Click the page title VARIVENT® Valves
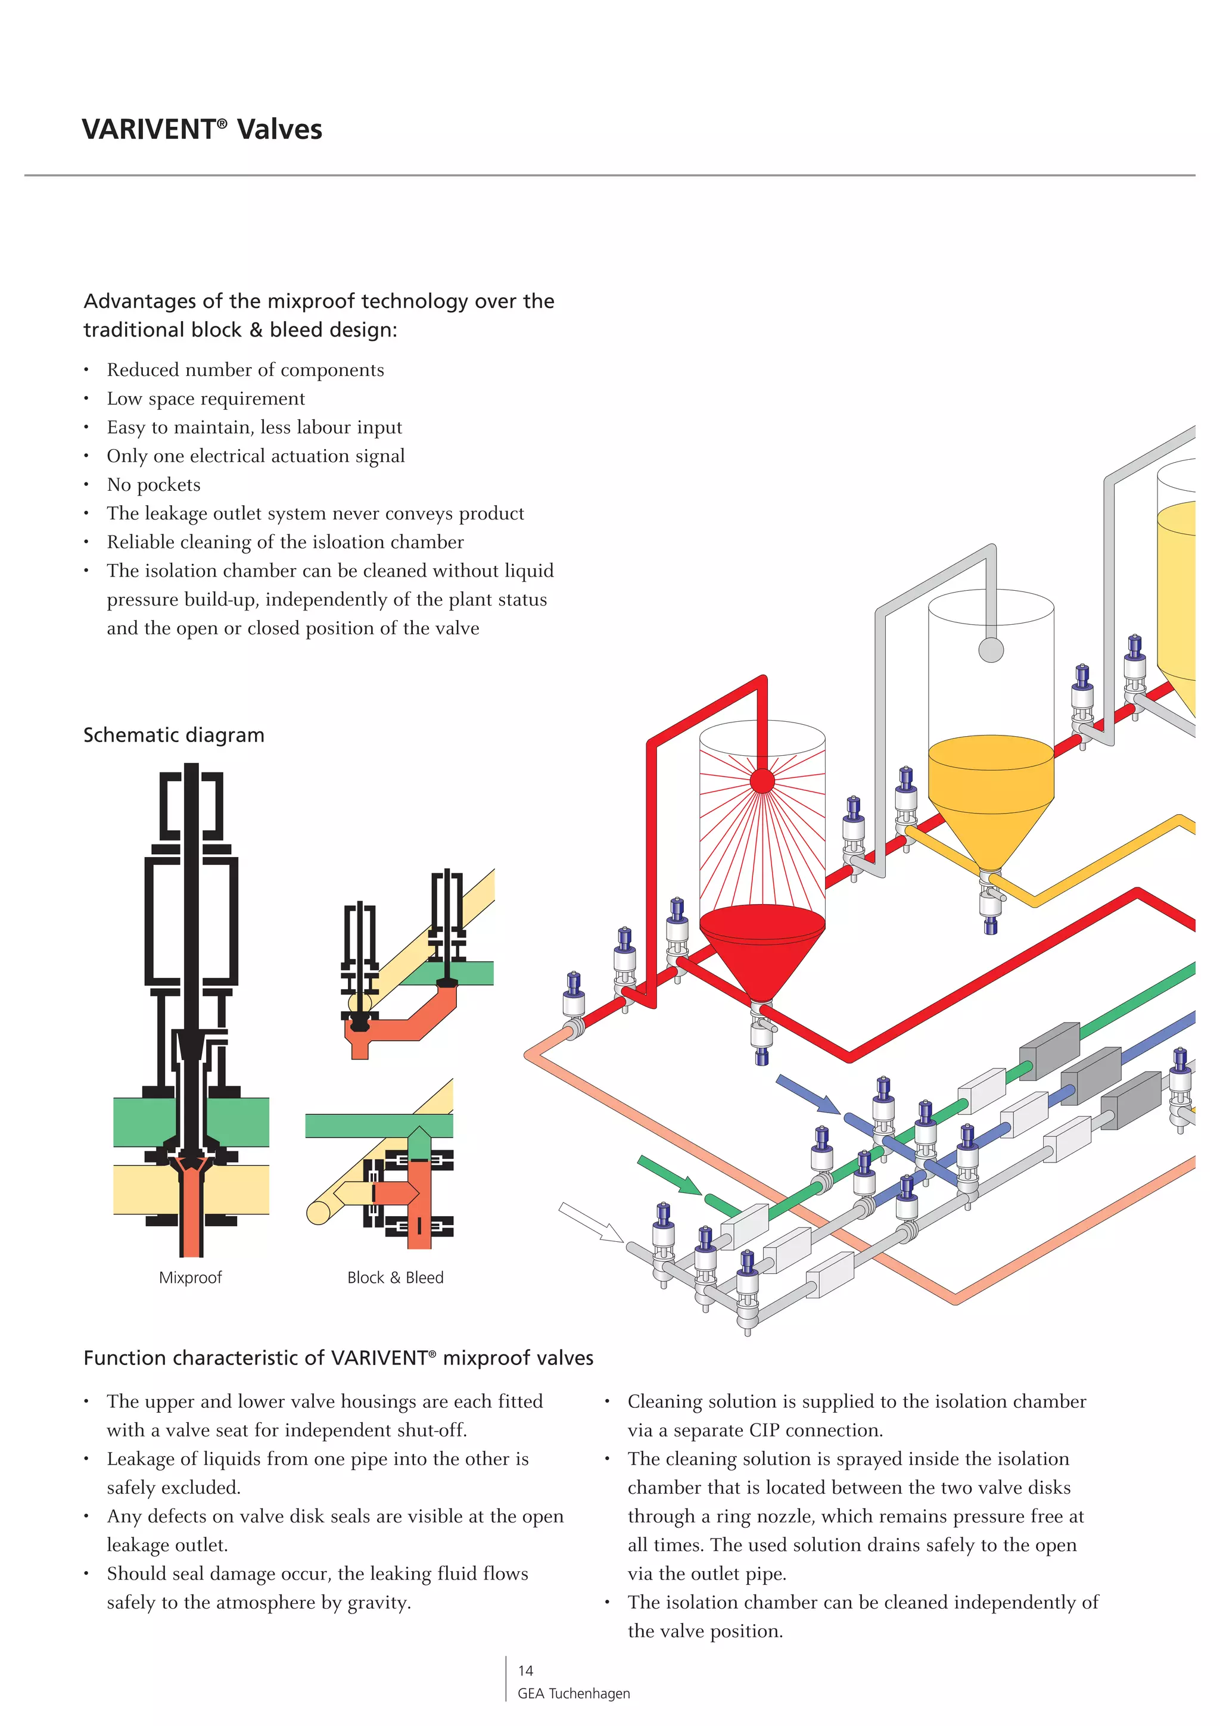pos(201,129)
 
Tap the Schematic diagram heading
pos(173,734)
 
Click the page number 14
pos(525,1671)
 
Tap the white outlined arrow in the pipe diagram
pos(591,1222)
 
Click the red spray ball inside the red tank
pos(762,781)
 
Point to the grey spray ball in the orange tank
pos(991,650)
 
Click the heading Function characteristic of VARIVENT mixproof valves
pos(338,1358)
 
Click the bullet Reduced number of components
pos(245,370)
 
